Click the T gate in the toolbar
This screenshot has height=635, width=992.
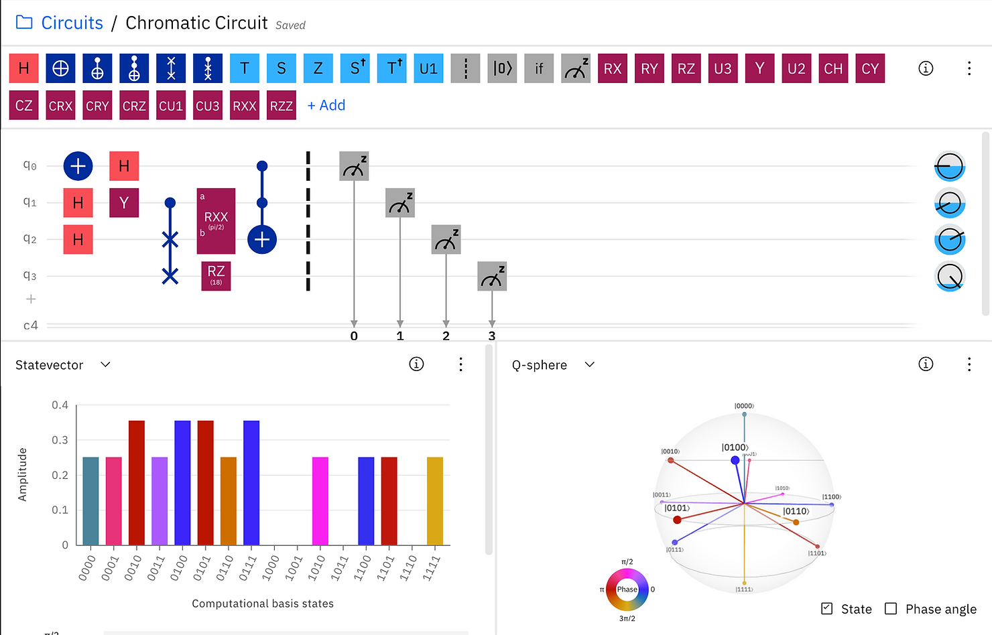click(245, 68)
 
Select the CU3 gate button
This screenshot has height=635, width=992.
click(208, 106)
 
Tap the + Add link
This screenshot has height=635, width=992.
click(326, 105)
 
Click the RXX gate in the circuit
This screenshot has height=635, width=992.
click(216, 221)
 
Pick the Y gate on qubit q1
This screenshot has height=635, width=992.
click(124, 203)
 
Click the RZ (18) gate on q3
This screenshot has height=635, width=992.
click(216, 275)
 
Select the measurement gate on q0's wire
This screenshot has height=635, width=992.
click(354, 166)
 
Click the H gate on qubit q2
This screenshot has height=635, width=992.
click(78, 239)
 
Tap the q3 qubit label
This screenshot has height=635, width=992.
click(29, 275)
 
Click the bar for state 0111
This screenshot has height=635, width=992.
click(251, 482)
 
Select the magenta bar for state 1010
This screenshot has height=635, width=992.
click(320, 500)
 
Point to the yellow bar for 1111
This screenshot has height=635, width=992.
click(435, 500)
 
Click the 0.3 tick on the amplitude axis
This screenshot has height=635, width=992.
click(60, 440)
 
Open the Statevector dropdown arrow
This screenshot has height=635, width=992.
click(105, 364)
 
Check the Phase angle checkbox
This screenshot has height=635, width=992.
click(891, 608)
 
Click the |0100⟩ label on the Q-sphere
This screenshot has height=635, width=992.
click(735, 447)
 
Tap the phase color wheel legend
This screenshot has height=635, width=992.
click(627, 589)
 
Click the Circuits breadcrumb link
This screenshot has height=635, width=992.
click(72, 23)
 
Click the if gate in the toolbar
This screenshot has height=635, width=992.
click(539, 68)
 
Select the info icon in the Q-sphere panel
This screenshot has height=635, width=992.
click(926, 364)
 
